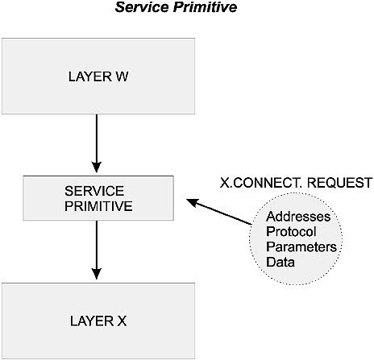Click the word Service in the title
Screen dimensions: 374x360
142,7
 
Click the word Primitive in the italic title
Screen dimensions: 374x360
205,7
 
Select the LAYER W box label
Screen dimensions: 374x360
98,77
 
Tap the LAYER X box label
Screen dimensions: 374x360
98,321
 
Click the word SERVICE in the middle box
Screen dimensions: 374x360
94,191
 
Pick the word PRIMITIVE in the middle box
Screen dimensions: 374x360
98,206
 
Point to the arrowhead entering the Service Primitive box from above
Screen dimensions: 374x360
97,168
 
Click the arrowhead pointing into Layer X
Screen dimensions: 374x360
97,274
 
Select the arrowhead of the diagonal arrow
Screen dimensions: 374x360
192,202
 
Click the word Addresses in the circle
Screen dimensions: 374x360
298,217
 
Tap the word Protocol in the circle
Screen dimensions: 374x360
291,232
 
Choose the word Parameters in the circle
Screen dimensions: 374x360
301,247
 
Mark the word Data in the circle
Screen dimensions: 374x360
280,262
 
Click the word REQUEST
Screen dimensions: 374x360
339,183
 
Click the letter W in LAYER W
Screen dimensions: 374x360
122,77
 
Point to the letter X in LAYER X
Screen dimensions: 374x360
122,321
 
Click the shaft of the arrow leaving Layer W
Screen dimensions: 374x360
97,139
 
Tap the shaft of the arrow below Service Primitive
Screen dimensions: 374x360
97,245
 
